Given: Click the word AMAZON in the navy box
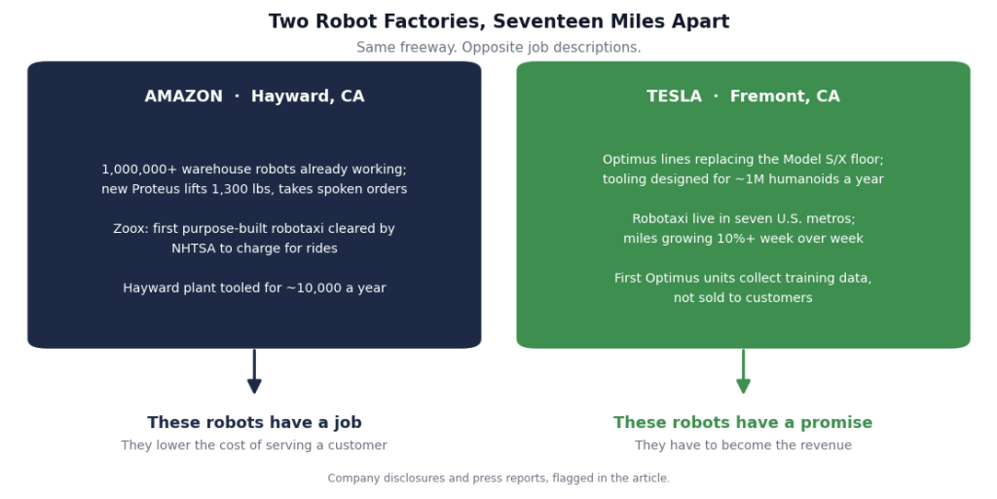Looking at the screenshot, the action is coord(184,96).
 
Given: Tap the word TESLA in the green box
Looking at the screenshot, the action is coord(674,96).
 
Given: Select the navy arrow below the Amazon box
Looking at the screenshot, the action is coord(254,371).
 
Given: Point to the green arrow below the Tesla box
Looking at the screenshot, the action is coord(743,371).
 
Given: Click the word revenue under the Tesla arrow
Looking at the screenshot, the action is coord(825,445).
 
